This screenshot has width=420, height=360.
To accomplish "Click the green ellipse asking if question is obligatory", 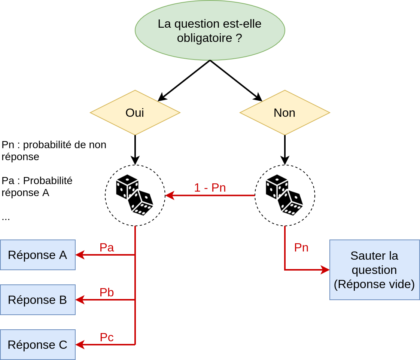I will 210,30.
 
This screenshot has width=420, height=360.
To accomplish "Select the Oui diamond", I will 135,113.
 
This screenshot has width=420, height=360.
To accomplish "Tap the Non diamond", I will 284,113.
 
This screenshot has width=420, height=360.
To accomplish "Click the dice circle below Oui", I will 135,195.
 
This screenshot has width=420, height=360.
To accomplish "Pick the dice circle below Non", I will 284,195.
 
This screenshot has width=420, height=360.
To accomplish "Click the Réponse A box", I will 37,255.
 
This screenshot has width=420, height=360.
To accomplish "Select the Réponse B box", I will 37,300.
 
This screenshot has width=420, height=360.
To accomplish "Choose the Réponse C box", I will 37,345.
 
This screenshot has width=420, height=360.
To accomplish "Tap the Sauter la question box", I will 374,270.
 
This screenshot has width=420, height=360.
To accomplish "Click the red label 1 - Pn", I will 210,187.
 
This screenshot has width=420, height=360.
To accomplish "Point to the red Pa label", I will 107,247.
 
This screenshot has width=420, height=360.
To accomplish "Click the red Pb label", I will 107,292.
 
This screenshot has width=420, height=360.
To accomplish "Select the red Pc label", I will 107,337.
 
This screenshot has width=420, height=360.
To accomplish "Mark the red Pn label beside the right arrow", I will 301,247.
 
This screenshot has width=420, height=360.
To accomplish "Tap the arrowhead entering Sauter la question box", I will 325,270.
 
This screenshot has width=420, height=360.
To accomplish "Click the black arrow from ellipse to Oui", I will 183,81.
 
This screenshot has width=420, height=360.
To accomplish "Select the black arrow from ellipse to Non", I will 236,81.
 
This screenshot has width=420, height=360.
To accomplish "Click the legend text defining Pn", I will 54,150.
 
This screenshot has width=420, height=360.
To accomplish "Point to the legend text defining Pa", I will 37,186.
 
